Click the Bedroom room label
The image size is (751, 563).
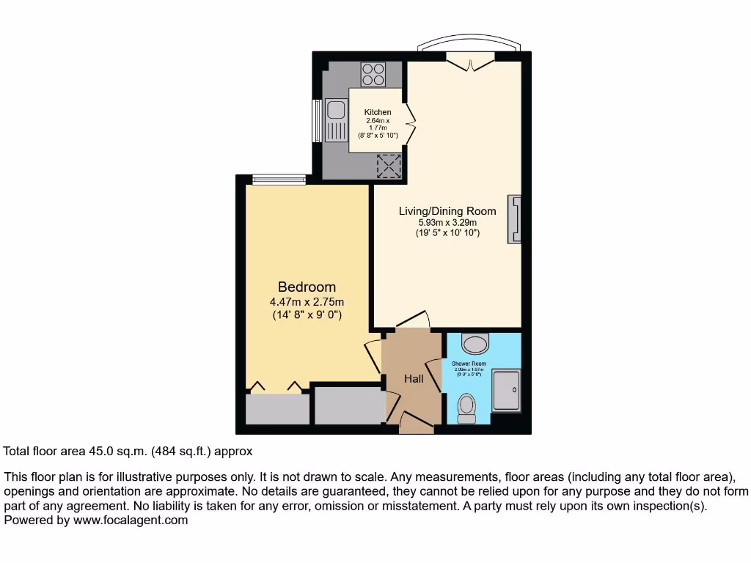point(307,287)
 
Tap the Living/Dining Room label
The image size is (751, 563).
point(447,211)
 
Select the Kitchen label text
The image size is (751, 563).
point(378,112)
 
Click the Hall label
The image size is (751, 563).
point(414,379)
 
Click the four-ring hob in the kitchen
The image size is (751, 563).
point(373,75)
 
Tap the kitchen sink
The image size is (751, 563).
point(337,111)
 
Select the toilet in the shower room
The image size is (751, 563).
point(466,408)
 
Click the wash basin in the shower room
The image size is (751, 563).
point(477,344)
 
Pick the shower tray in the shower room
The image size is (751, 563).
point(506,390)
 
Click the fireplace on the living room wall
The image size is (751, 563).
point(515,218)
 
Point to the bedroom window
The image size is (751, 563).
point(279,179)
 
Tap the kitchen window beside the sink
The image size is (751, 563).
point(317,120)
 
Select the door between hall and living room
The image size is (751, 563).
point(413,320)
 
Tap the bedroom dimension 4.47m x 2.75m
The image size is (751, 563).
point(307,301)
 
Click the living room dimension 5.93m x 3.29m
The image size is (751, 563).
point(447,223)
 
